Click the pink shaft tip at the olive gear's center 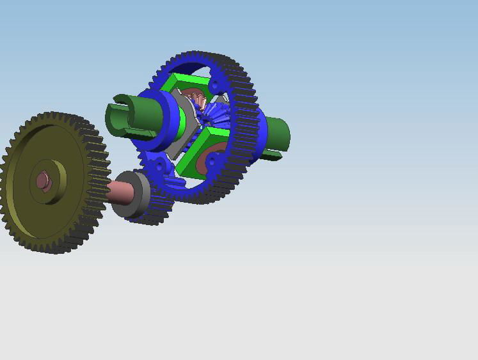pyautogui.click(x=43, y=181)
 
